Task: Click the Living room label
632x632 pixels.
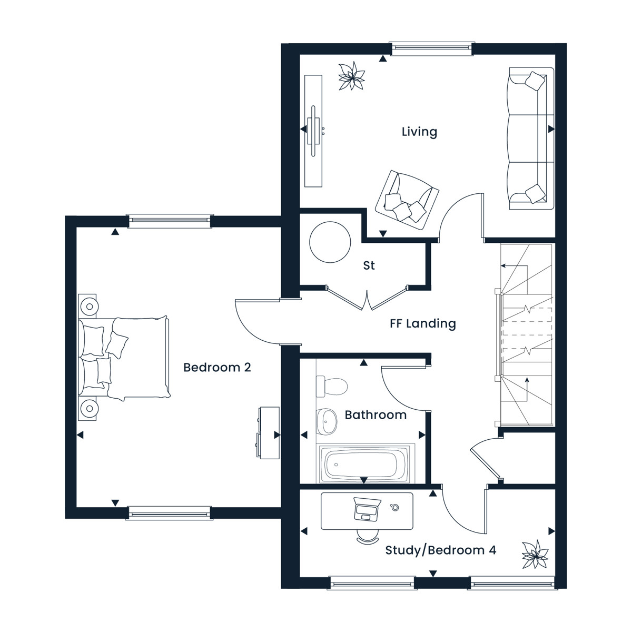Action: (x=419, y=132)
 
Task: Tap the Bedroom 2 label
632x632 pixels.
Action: (x=217, y=367)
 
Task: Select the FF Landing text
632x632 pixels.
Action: (x=423, y=323)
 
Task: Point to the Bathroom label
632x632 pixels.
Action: (x=376, y=415)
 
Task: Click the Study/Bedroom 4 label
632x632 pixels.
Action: (x=441, y=550)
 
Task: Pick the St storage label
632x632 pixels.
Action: (x=369, y=265)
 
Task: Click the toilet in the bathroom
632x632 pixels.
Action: (x=331, y=386)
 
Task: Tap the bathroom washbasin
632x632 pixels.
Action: (x=327, y=421)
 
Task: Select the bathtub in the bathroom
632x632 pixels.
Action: (x=364, y=464)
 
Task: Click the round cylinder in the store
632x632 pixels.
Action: (x=330, y=242)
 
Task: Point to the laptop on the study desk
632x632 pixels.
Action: (x=367, y=509)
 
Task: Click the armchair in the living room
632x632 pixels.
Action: (x=407, y=200)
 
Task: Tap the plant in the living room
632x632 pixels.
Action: (x=352, y=76)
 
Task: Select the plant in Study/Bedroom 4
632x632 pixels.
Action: (x=535, y=554)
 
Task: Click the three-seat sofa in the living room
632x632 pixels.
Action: (x=531, y=139)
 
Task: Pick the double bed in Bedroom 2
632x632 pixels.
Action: (x=124, y=358)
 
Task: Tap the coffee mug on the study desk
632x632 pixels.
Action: (x=395, y=507)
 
